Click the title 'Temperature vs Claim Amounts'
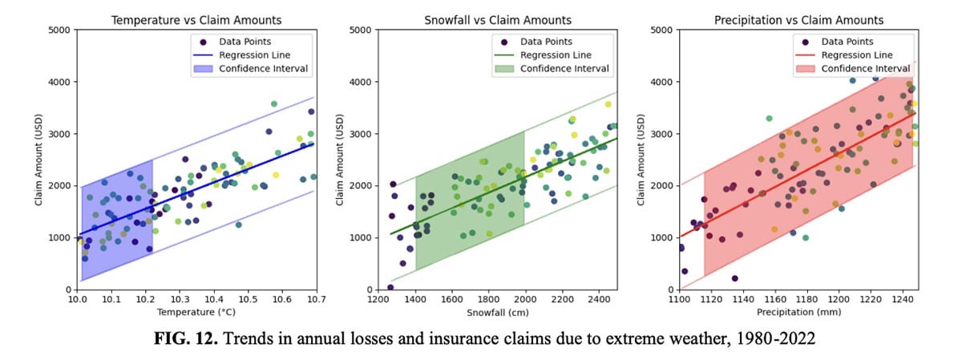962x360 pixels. point(196,19)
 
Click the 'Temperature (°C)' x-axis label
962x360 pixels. point(196,312)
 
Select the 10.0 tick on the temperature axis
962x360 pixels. point(78,300)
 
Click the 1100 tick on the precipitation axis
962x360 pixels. point(679,300)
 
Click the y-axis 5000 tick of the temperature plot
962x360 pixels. point(59,30)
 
